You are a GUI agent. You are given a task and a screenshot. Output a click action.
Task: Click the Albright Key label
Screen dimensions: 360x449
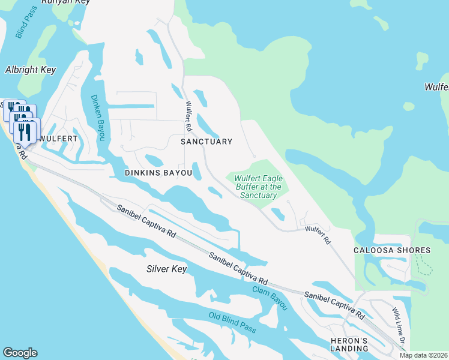click(x=31, y=70)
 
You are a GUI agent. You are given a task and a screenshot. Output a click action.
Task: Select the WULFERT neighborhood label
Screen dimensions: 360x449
click(x=58, y=139)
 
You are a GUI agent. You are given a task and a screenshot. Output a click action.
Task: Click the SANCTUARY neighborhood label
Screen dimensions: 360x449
click(x=206, y=142)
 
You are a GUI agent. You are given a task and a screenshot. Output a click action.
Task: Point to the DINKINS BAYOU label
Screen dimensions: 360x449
click(x=158, y=173)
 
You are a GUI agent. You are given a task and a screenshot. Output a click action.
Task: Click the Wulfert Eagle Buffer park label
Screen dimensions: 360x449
click(x=258, y=187)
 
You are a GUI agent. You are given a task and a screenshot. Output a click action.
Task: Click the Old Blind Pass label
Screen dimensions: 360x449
click(x=232, y=323)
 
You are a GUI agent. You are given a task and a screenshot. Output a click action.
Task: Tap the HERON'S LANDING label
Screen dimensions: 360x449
click(x=349, y=344)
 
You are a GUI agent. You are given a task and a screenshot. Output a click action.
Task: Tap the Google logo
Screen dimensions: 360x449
click(x=20, y=353)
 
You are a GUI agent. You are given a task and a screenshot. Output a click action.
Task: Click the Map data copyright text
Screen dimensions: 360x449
click(x=424, y=355)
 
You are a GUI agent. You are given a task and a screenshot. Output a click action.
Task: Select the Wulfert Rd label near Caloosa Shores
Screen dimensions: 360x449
click(x=318, y=233)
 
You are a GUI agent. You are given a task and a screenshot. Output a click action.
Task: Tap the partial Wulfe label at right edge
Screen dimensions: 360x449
click(x=437, y=87)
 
